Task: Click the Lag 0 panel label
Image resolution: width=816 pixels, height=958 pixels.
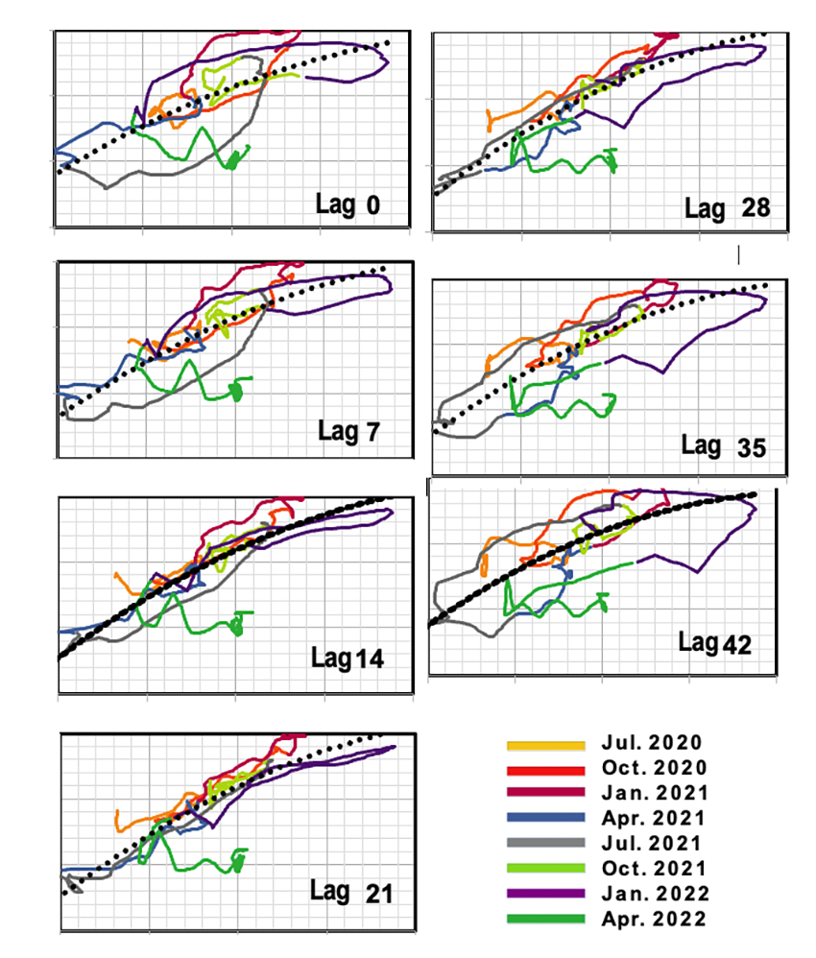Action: pos(348,204)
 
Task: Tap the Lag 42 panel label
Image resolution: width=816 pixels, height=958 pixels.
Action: pos(713,642)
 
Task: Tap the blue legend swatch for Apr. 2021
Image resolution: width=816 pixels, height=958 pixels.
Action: pos(545,818)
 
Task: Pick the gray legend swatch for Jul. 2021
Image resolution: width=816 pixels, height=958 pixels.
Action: pos(545,843)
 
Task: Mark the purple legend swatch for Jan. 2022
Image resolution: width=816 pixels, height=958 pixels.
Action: pos(545,894)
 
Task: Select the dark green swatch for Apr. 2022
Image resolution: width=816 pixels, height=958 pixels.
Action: pos(545,920)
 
